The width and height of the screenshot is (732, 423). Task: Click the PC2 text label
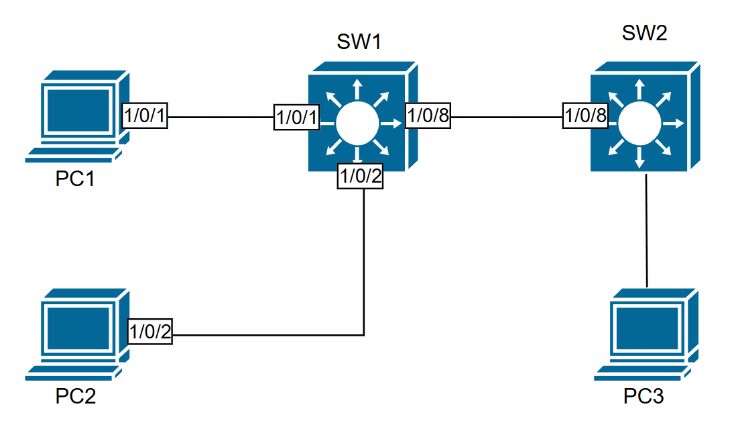[x=76, y=396]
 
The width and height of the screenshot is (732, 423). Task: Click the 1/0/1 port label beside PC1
[x=144, y=117]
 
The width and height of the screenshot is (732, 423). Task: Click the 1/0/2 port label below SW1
[x=361, y=177]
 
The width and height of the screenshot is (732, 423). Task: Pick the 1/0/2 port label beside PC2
[x=149, y=332]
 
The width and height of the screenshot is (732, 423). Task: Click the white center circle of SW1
[x=358, y=123]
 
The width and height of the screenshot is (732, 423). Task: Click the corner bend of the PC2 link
[x=363, y=334]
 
